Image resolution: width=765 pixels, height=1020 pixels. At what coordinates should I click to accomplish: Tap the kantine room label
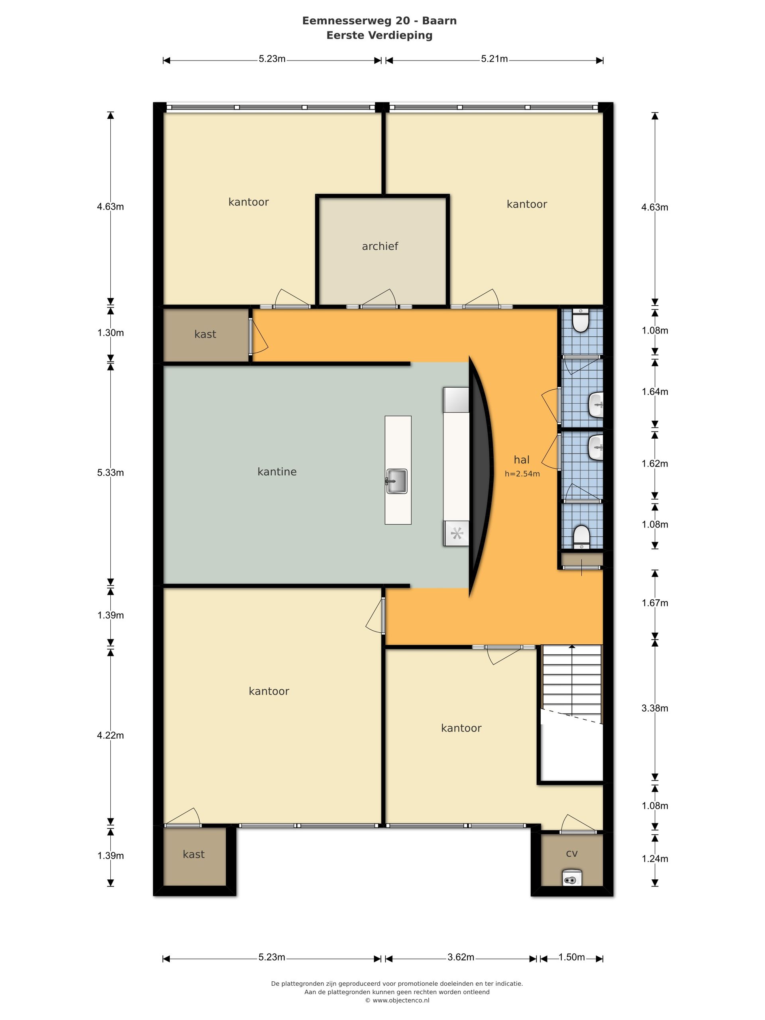pos(277,471)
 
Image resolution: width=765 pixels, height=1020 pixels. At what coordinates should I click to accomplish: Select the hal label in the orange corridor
pos(522,459)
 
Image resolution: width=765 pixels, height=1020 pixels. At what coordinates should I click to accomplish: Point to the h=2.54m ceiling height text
pos(522,474)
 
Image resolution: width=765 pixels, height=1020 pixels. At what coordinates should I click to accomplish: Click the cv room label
pos(571,853)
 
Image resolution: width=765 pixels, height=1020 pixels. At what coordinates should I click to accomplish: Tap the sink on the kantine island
pos(396,481)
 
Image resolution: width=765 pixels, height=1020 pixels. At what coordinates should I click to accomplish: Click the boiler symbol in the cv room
pos(572,880)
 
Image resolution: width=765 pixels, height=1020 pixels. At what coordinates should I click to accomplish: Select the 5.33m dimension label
pos(110,473)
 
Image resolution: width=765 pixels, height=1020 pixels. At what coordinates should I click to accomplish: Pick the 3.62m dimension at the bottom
pos(461,957)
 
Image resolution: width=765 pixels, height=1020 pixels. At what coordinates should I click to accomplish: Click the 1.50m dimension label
pos(571,957)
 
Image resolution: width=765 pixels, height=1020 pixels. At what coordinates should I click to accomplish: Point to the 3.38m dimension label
pos(654,708)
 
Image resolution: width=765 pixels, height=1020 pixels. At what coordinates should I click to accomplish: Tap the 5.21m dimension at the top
pos(494,59)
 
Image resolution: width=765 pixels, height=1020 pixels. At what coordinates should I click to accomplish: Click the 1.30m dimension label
pos(110,332)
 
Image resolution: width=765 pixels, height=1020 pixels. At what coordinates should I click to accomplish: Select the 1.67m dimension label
pos(655,603)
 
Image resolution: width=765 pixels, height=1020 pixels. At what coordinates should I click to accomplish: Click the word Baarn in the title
pos(440,21)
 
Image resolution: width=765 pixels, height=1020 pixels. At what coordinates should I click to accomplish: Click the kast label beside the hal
pos(205,334)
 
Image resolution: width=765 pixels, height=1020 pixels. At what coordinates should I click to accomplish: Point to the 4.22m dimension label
pos(110,735)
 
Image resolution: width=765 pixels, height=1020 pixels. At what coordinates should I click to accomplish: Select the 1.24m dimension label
pos(655,859)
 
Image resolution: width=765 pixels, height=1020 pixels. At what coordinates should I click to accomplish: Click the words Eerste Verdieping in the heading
pos(379,35)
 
